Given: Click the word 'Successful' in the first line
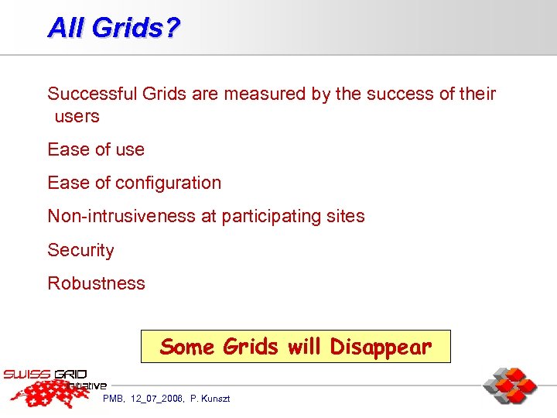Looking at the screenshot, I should click(92, 94).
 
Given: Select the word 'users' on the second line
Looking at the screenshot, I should click(77, 117).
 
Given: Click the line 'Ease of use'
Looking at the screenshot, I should click(96, 149).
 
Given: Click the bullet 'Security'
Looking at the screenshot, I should click(80, 250).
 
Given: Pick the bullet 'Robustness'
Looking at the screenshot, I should click(96, 283).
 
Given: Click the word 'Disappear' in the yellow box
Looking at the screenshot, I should click(381, 347).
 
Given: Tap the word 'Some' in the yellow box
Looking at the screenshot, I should click(187, 347).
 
